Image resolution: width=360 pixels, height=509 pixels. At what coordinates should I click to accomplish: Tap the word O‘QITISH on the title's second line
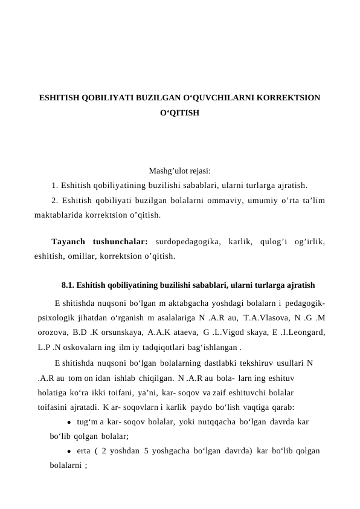tap(180, 112)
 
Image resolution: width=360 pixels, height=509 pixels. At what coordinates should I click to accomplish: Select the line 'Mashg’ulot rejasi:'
tap(180, 171)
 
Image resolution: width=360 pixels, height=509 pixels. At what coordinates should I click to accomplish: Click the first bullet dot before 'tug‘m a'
tap(70, 422)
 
